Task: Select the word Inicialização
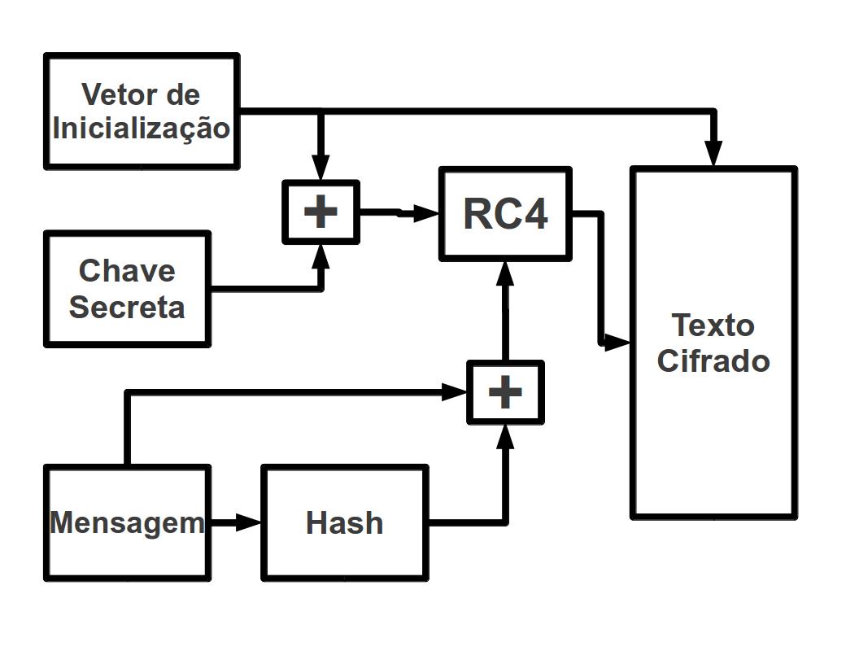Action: (141, 128)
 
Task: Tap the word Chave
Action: (127, 270)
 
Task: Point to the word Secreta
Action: (127, 308)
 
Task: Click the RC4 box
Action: (505, 214)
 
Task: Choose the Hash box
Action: (344, 522)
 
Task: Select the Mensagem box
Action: (127, 522)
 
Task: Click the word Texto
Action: (713, 325)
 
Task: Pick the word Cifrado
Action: (713, 360)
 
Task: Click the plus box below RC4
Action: (505, 393)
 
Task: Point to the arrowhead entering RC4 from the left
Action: (428, 214)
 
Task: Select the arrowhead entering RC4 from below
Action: (505, 270)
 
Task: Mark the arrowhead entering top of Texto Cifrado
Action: (713, 155)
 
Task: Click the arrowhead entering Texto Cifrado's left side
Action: (619, 343)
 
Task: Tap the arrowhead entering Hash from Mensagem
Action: (249, 522)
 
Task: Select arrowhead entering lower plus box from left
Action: (455, 393)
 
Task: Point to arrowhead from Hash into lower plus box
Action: (505, 435)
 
